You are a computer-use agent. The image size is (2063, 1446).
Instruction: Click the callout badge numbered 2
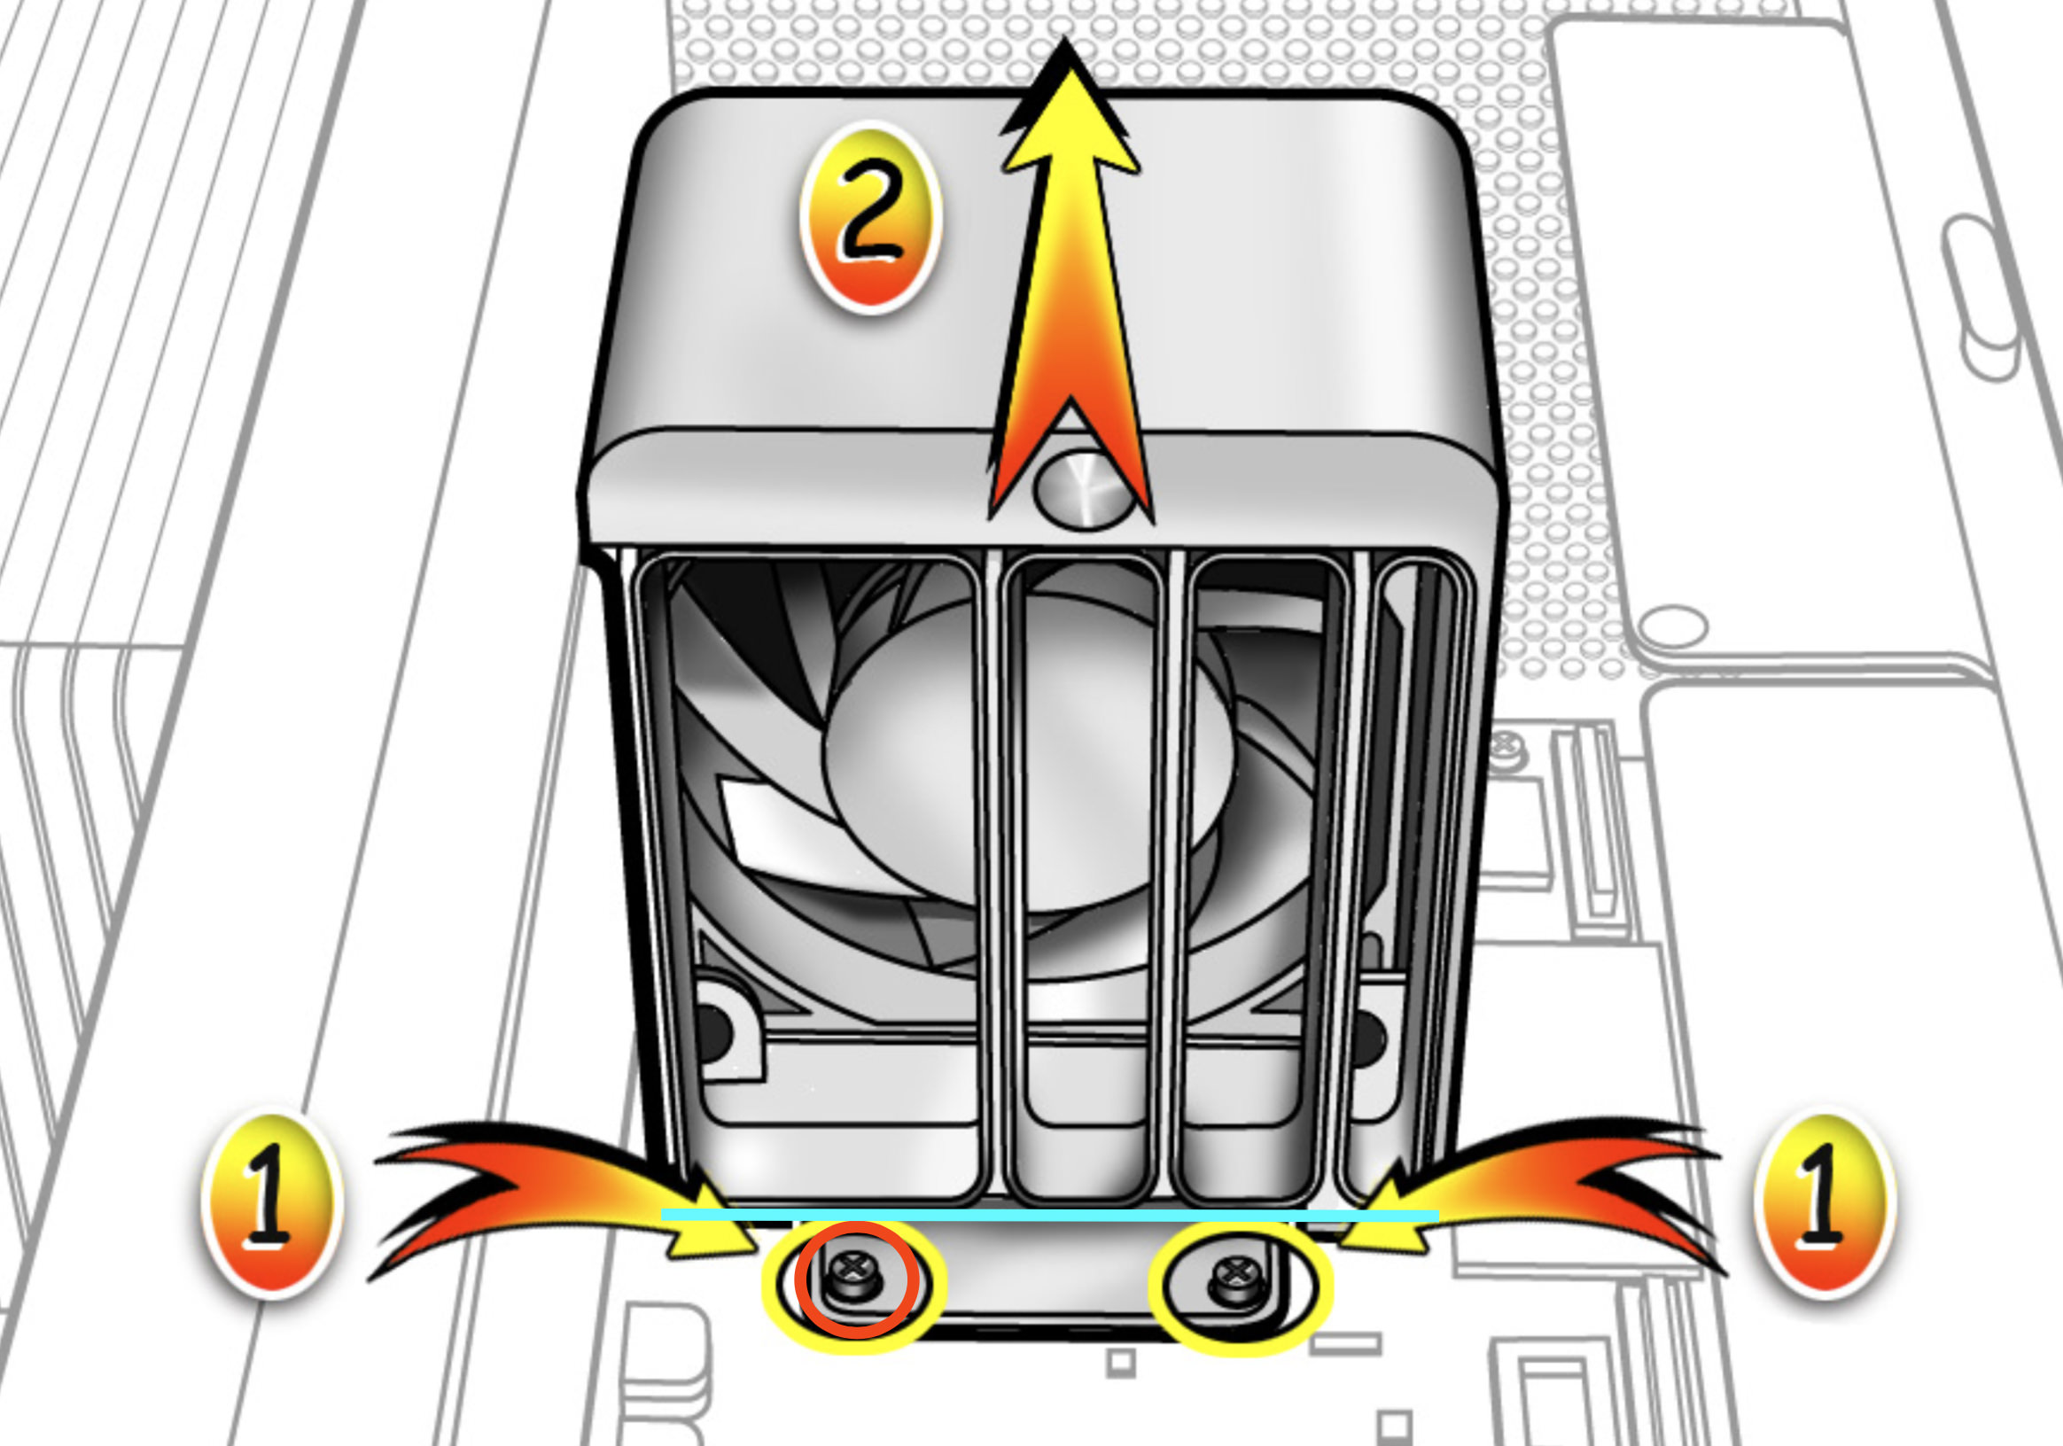[869, 218]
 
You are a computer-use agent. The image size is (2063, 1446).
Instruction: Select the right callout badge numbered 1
[1825, 1203]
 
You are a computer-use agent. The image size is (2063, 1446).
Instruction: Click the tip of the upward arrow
[1067, 38]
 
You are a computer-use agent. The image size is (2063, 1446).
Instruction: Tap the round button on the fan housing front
[1085, 489]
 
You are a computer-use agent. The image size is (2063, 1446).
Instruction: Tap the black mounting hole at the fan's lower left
[712, 1030]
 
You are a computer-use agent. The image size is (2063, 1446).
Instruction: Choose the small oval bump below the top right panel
[1673, 626]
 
